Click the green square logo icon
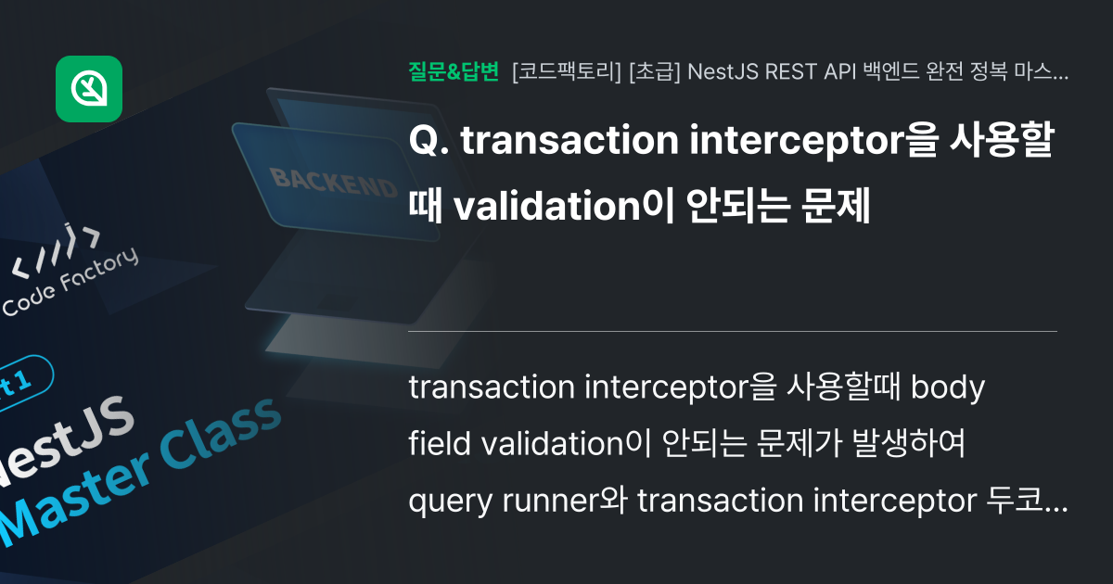89,89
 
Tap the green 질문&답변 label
454,71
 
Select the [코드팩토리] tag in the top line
567,71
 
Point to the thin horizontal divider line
733,331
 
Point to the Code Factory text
70,283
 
